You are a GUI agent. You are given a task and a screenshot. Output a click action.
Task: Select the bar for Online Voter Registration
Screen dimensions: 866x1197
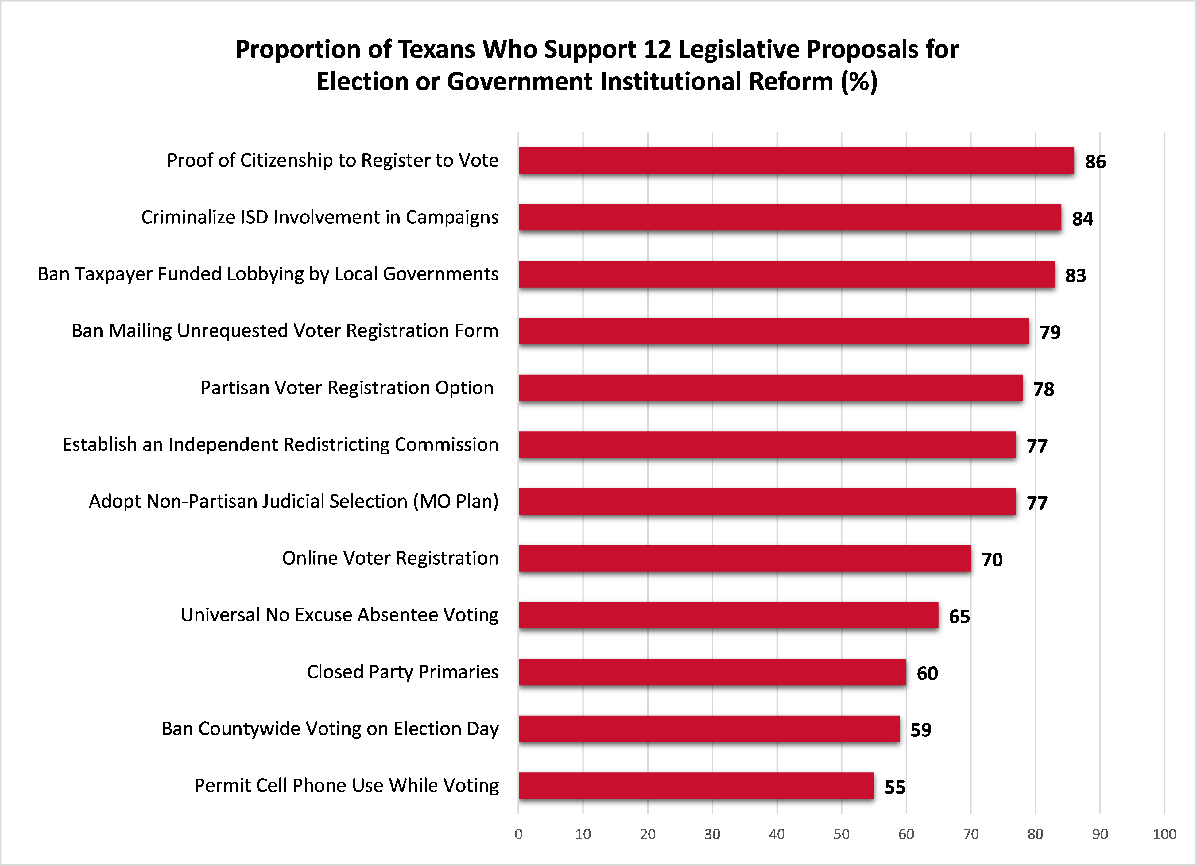click(x=744, y=558)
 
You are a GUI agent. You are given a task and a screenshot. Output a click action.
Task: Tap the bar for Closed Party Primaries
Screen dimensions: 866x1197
click(x=712, y=672)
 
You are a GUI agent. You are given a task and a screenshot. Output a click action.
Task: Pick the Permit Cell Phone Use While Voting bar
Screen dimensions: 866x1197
click(x=696, y=786)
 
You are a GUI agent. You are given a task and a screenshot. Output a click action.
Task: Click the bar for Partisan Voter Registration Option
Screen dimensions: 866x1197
click(x=771, y=388)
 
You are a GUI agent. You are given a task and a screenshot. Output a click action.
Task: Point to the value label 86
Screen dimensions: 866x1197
click(x=1095, y=161)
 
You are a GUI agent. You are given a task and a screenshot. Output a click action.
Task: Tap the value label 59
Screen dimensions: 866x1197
click(x=921, y=730)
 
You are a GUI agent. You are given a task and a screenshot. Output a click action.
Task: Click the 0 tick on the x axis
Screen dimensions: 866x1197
click(x=518, y=834)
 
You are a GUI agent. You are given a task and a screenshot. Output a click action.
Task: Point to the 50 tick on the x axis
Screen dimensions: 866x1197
click(x=841, y=834)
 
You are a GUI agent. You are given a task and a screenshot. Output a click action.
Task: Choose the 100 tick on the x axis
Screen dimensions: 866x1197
click(x=1164, y=834)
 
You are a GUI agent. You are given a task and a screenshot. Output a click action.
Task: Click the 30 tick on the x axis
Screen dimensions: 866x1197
click(x=712, y=834)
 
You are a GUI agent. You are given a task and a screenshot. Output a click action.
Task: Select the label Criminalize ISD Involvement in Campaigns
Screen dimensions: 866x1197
click(x=320, y=218)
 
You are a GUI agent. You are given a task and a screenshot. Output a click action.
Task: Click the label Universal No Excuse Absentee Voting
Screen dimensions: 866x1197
click(x=339, y=615)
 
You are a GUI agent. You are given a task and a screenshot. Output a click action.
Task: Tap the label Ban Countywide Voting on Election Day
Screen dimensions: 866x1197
click(x=330, y=729)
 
